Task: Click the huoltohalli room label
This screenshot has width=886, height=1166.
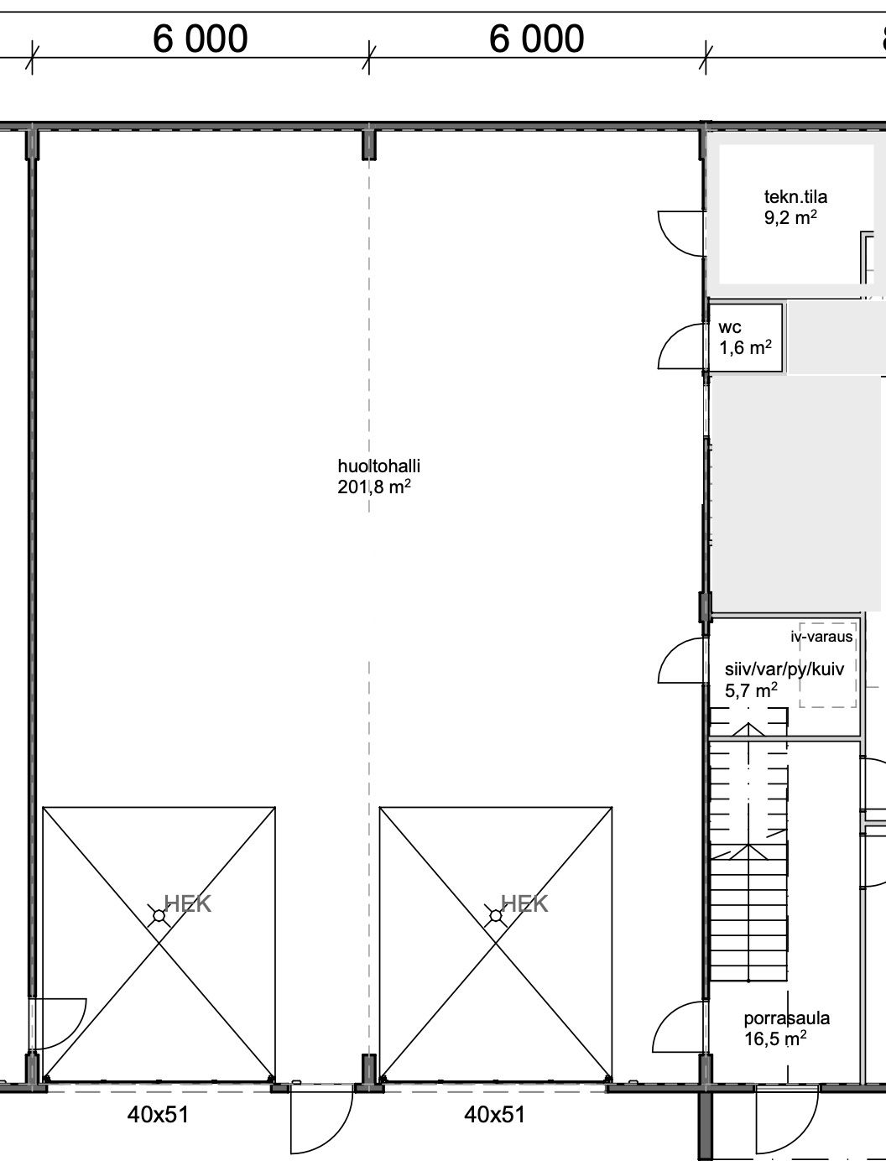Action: pyautogui.click(x=378, y=466)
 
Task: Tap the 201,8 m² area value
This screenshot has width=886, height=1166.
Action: pyautogui.click(x=374, y=487)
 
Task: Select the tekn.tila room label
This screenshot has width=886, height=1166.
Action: pyautogui.click(x=795, y=197)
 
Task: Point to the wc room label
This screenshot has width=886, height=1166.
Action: pyautogui.click(x=730, y=327)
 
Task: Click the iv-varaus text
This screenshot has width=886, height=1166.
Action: pyautogui.click(x=821, y=637)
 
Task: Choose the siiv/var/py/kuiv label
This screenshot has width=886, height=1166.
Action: pyautogui.click(x=784, y=669)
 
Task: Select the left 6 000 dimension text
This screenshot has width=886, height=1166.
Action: pyautogui.click(x=201, y=39)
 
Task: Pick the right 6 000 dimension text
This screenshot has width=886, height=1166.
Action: pyautogui.click(x=536, y=39)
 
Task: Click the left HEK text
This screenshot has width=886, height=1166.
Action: pyautogui.click(x=187, y=903)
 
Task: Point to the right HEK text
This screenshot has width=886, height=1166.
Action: pyautogui.click(x=524, y=903)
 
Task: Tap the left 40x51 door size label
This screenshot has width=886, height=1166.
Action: pyautogui.click(x=158, y=1115)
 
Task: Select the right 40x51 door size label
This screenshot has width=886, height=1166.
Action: pyautogui.click(x=494, y=1115)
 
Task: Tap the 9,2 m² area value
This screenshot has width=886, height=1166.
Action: pyautogui.click(x=790, y=217)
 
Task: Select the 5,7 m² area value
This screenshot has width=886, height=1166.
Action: pyautogui.click(x=751, y=690)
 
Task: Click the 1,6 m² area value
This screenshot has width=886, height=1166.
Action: pyautogui.click(x=745, y=348)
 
